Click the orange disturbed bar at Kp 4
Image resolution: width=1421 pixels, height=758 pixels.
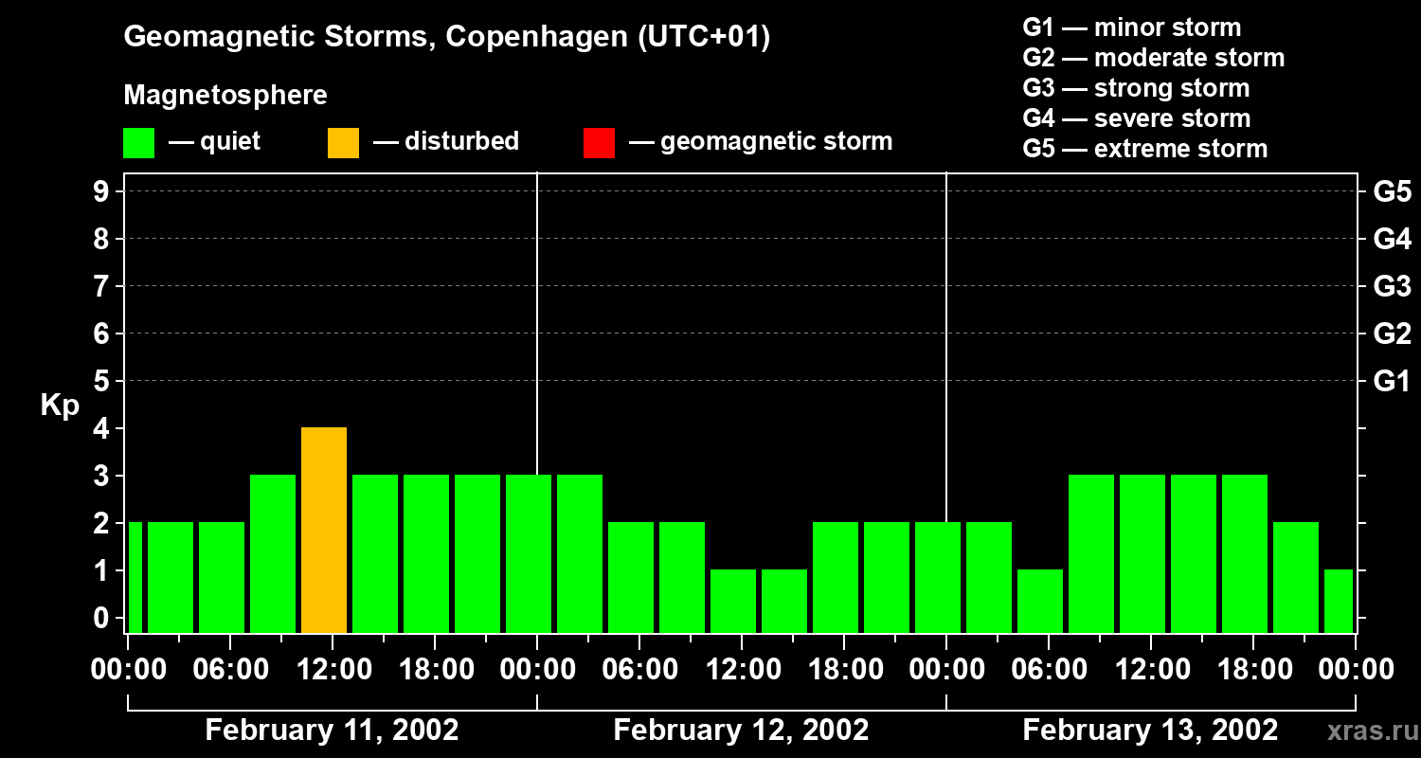pos(324,530)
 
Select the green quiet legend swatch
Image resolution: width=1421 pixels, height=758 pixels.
pos(138,142)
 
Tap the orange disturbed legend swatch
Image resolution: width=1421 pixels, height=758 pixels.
pos(343,142)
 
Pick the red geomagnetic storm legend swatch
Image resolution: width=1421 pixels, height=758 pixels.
pos(599,142)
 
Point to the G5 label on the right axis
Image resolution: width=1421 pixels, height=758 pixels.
pos(1392,192)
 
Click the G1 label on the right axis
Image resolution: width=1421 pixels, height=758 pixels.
pos(1392,382)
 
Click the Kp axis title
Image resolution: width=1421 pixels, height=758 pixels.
pos(60,406)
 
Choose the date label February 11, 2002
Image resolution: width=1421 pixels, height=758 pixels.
pos(332,731)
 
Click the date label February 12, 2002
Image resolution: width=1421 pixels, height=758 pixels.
pos(741,731)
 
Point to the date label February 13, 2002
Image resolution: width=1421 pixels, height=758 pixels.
pos(1150,731)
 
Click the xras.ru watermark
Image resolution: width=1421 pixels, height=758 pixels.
pos(1367,731)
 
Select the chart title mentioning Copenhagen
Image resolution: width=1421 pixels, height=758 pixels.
pos(446,37)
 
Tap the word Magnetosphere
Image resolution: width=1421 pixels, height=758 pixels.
pos(225,96)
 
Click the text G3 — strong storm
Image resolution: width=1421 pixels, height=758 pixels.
pos(1136,88)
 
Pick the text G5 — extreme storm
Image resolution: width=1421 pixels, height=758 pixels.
pos(1144,149)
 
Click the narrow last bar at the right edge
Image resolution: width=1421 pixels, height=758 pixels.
pos(1339,601)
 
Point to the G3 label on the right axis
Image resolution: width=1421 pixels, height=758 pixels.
pos(1392,287)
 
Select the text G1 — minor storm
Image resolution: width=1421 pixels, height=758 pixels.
pos(1131,27)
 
